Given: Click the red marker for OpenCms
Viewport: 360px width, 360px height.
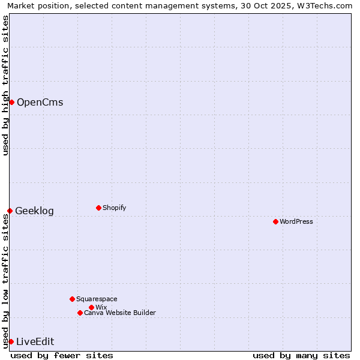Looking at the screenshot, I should (x=11, y=102).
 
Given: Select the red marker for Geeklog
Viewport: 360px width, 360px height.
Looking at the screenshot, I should (x=10, y=211).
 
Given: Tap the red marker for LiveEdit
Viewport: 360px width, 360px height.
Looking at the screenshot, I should (x=11, y=341).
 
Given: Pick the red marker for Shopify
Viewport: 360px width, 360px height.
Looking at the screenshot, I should (x=98, y=208).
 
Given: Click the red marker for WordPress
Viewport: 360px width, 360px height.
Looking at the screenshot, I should (x=275, y=221).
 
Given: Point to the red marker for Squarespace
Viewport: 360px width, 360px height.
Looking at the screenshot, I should (x=72, y=299).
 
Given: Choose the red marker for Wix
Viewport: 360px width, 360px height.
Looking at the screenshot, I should (x=91, y=307).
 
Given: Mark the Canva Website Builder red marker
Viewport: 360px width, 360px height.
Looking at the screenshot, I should (x=80, y=313).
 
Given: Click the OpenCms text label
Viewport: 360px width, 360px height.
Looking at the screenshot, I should (x=40, y=102).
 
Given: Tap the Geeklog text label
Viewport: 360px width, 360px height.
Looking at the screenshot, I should (x=34, y=211).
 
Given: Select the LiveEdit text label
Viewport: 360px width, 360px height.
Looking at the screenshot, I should (x=35, y=341).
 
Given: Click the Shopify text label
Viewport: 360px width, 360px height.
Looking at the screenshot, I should (x=114, y=208).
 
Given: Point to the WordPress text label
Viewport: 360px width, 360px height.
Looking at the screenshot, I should (x=296, y=221).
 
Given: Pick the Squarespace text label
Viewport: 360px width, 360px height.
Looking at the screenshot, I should (x=97, y=299).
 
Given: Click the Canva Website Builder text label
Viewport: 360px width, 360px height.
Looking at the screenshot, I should (x=119, y=313).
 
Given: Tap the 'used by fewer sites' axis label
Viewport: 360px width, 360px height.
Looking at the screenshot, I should (x=62, y=355).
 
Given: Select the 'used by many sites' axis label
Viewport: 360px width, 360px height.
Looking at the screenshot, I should (x=301, y=355).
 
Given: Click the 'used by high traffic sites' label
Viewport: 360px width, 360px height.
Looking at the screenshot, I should (x=5, y=85).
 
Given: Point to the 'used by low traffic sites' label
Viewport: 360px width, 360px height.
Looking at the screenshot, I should (x=5, y=281).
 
